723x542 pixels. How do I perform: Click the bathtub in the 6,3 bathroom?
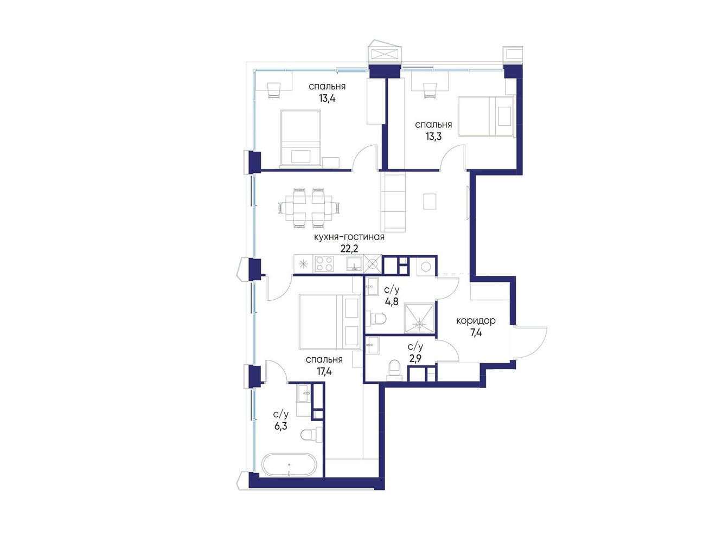[x=289, y=464]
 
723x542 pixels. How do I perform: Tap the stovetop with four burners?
[x=324, y=263]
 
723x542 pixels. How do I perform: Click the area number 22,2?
[x=349, y=248]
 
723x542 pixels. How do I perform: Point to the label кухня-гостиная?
[x=349, y=237]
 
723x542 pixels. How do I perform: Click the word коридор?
[x=476, y=320]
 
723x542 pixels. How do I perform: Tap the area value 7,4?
[x=476, y=333]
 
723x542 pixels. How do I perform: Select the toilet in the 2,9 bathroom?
[x=394, y=370]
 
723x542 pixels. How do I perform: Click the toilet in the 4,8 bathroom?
[x=378, y=318]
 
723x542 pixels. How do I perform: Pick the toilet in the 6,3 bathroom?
[x=311, y=434]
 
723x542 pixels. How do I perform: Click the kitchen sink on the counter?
[x=354, y=263]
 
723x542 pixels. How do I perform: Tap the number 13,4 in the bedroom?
[x=327, y=99]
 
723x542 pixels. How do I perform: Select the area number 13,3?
[x=433, y=137]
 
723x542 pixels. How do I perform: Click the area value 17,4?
[x=324, y=371]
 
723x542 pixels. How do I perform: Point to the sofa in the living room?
[x=393, y=203]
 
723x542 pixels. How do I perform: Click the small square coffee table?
[x=429, y=201]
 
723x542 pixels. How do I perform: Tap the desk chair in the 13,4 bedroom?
[x=273, y=90]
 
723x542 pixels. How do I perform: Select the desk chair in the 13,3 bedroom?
[x=429, y=90]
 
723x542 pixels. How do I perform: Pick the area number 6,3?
[x=280, y=427]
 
